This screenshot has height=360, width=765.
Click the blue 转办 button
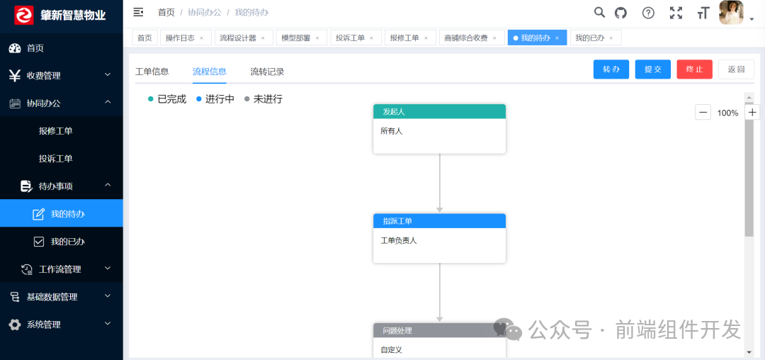[x=611, y=69]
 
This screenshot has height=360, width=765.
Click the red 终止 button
[x=694, y=69]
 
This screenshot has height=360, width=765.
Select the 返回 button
[x=736, y=69]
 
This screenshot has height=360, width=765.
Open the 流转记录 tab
[x=267, y=72]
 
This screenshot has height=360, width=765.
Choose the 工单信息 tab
[x=152, y=72]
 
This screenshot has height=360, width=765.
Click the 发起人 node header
[x=439, y=111]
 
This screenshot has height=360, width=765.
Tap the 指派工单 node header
[x=439, y=221]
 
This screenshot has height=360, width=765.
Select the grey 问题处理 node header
[x=439, y=331]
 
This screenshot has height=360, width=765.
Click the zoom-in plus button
[x=752, y=112]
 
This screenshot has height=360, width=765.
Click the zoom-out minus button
[x=703, y=112]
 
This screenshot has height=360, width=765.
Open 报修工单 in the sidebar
[x=56, y=131]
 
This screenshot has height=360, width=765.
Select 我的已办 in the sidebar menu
[x=67, y=242]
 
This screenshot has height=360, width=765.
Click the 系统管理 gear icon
[x=15, y=325]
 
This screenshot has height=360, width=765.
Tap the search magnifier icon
[x=599, y=12]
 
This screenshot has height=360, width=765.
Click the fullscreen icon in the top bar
[x=676, y=13]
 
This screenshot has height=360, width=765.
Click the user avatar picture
[x=731, y=12]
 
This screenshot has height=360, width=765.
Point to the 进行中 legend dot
[x=199, y=99]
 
